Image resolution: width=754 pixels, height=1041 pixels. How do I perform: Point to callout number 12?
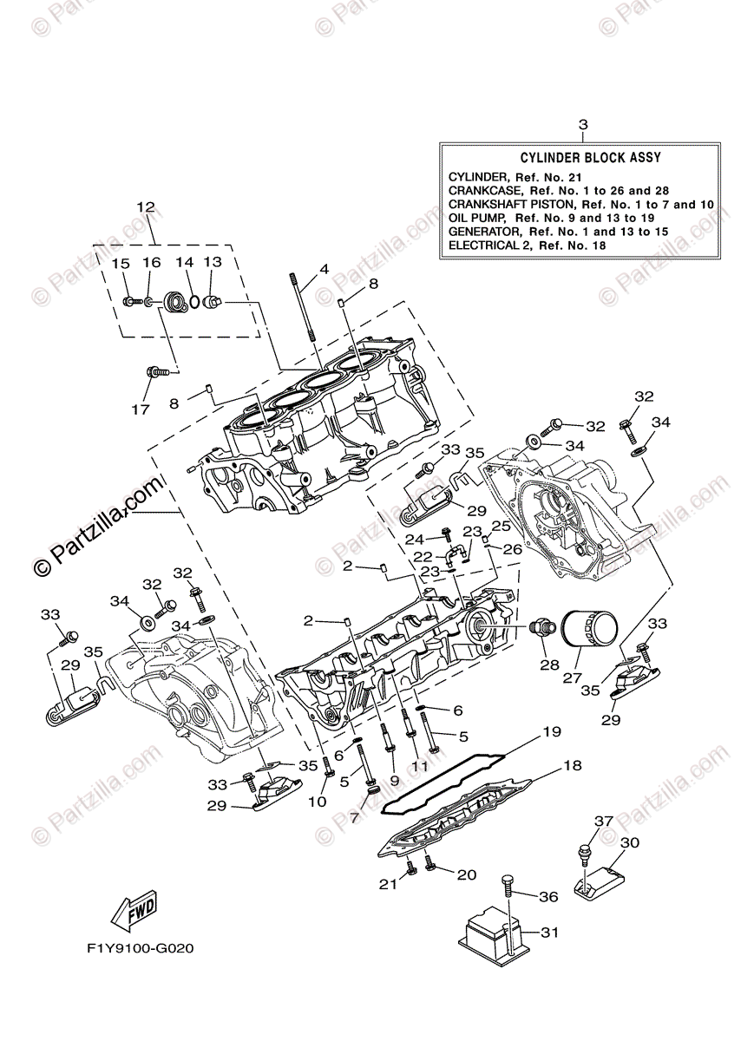[145, 207]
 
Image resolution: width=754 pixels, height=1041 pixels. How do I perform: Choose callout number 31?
[548, 933]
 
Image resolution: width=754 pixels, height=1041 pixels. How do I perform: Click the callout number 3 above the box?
[583, 124]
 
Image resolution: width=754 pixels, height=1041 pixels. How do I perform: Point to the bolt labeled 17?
[156, 372]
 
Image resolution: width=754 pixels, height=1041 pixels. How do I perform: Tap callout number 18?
[571, 766]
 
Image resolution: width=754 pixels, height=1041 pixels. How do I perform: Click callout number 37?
[603, 821]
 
